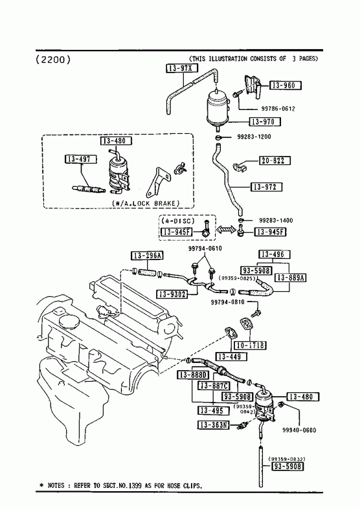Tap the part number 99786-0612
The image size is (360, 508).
pos(278,109)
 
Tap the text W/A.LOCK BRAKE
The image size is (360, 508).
pos(146,203)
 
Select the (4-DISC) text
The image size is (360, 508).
pos(178,221)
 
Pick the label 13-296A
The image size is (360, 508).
pos(147,256)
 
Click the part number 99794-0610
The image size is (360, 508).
pos(205,248)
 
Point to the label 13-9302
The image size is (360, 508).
pos(173,294)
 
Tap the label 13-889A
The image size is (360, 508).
pos(291,278)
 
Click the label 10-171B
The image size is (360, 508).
pos(250,346)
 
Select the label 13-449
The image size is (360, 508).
pos(231,357)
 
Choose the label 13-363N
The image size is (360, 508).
pos(213,425)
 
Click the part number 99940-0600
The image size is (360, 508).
pos(299,430)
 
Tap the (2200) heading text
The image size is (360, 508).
pos(53,60)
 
